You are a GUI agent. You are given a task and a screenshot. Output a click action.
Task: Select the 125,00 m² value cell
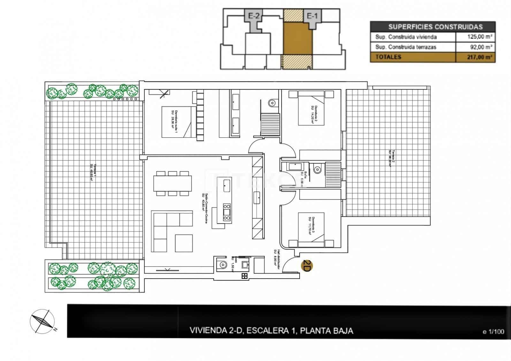pyautogui.click(x=475, y=37)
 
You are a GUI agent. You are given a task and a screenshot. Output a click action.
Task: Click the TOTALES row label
pyautogui.click(x=388, y=57)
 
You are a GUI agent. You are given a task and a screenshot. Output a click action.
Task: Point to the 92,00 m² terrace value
pyautogui.click(x=475, y=47)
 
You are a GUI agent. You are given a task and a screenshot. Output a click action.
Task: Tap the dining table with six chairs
pyautogui.click(x=172, y=183)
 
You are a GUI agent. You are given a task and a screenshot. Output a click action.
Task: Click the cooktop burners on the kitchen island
pyautogui.click(x=227, y=211)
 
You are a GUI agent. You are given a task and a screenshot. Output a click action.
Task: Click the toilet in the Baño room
pyautogui.click(x=317, y=170)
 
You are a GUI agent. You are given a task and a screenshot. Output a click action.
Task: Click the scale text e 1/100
pyautogui.click(x=493, y=332)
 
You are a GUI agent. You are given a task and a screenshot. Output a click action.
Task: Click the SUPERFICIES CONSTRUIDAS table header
pyautogui.click(x=432, y=27)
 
